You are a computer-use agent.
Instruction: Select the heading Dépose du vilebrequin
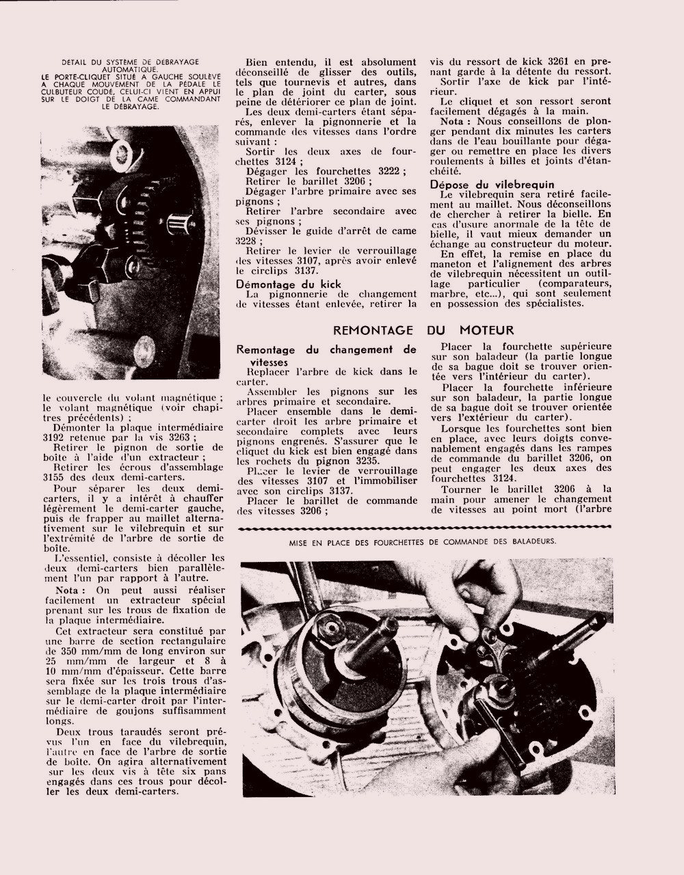tap(492, 185)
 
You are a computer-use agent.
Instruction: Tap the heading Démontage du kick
tap(288, 284)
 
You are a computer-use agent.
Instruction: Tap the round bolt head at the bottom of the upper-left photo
tap(146, 351)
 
